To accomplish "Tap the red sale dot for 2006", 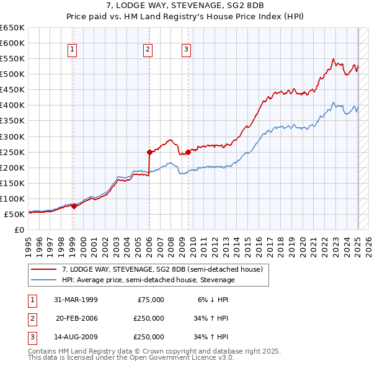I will [x=149, y=152].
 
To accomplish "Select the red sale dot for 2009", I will [x=188, y=152].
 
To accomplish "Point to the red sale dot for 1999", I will [x=74, y=207].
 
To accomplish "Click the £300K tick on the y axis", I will [x=12, y=136].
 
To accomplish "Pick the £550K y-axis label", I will [x=12, y=58].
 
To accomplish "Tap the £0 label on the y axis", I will [x=18, y=230].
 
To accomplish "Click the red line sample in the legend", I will [x=43, y=269].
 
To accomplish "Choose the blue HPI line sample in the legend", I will [x=43, y=280].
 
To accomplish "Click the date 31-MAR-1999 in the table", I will [x=76, y=300].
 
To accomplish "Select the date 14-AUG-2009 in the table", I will [x=76, y=337].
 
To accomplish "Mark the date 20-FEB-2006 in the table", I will [x=76, y=319].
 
